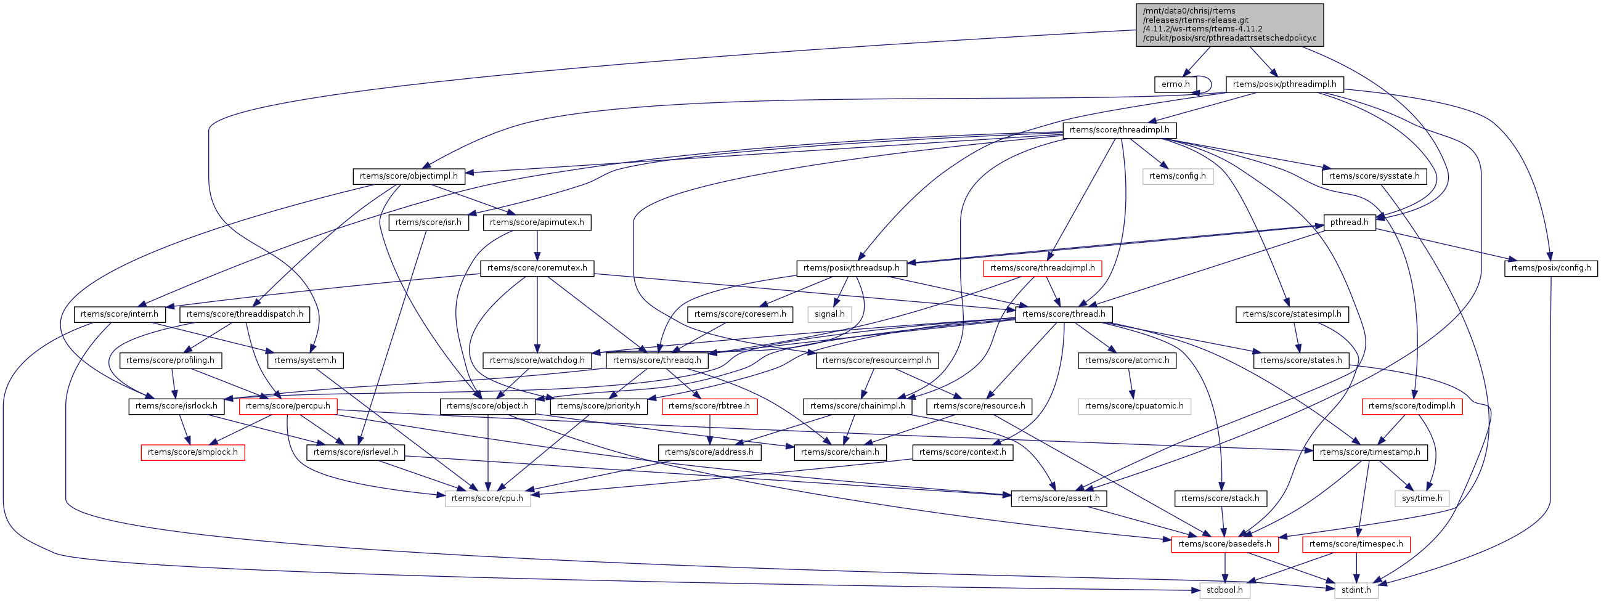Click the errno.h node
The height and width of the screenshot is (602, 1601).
point(1175,84)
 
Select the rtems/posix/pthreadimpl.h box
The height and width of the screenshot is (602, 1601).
point(1284,84)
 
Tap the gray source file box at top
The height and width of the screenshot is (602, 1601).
point(1229,25)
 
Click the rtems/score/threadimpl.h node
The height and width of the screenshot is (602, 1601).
point(1118,131)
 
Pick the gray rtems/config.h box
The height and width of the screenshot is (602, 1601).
point(1177,176)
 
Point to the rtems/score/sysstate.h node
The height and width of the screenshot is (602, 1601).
point(1374,176)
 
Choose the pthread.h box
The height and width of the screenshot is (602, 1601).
point(1350,222)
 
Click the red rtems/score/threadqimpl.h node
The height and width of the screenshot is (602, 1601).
point(1042,269)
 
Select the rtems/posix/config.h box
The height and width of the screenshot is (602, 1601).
point(1550,269)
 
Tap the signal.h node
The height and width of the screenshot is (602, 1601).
point(829,314)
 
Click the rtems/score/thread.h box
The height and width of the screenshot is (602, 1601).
point(1064,314)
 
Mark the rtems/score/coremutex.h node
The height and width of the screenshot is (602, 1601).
point(537,269)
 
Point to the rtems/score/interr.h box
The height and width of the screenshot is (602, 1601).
point(120,314)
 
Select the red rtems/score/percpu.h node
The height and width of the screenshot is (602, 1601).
point(288,406)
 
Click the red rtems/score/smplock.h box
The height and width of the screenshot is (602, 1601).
point(193,452)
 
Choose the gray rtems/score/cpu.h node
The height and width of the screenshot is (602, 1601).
point(487,498)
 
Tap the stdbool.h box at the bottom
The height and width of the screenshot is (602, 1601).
point(1224,590)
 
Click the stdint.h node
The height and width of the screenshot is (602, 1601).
point(1356,590)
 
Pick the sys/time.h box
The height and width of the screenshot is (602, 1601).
point(1422,498)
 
